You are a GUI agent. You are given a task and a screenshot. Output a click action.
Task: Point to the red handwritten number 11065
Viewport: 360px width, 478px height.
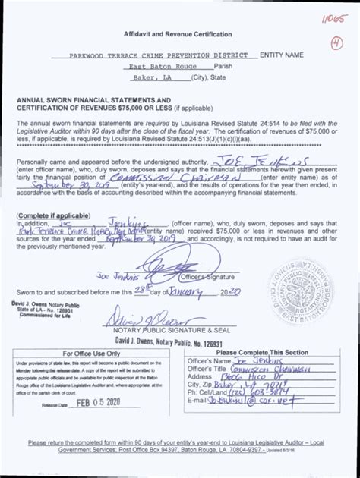coord(329,17)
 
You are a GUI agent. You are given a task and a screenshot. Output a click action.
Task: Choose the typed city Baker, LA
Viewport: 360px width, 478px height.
coord(152,77)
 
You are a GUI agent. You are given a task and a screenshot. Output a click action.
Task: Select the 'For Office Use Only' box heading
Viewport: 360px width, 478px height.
coord(91,353)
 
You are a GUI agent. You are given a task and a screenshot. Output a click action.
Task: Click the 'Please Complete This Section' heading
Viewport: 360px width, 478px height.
coord(262,352)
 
